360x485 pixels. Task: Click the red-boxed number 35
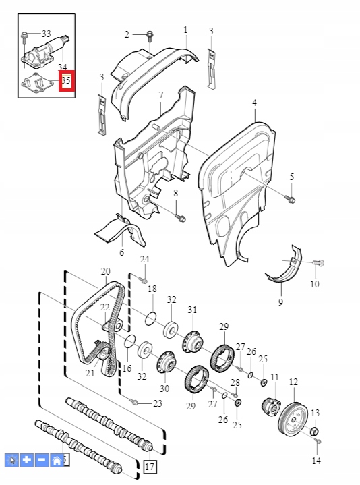point(65,81)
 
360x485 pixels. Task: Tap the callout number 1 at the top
point(186,30)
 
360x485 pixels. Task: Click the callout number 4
point(255,103)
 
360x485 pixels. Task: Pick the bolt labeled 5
point(291,198)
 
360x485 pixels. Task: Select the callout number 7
point(161,95)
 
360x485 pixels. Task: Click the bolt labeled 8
point(180,217)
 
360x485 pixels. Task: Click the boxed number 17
point(149,467)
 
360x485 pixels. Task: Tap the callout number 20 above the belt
point(106,271)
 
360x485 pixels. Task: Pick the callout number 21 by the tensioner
point(90,373)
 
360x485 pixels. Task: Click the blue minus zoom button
point(42,460)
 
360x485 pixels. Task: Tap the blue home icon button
point(57,460)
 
